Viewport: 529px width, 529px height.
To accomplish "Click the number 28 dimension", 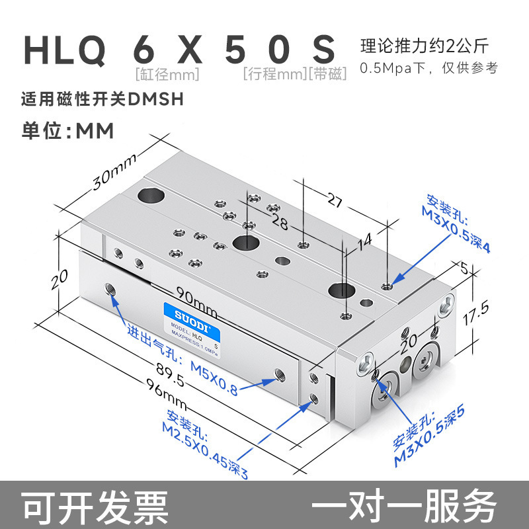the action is (x=280, y=223).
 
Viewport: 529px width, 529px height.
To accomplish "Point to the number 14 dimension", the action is (x=365, y=244).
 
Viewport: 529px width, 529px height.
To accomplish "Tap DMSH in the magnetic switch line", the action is (x=155, y=100).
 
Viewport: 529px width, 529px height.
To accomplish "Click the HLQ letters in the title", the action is (x=64, y=51).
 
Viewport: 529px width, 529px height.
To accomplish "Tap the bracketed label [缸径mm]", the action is (x=167, y=74).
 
